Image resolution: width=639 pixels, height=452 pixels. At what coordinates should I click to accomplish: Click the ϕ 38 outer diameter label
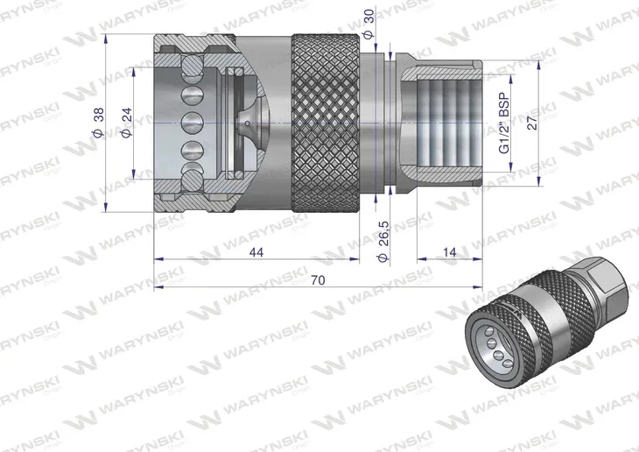[x=97, y=124]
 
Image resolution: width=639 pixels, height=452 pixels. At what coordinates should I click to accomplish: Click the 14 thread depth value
[x=449, y=252]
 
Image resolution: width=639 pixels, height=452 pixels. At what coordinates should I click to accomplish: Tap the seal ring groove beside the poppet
[x=229, y=123]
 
